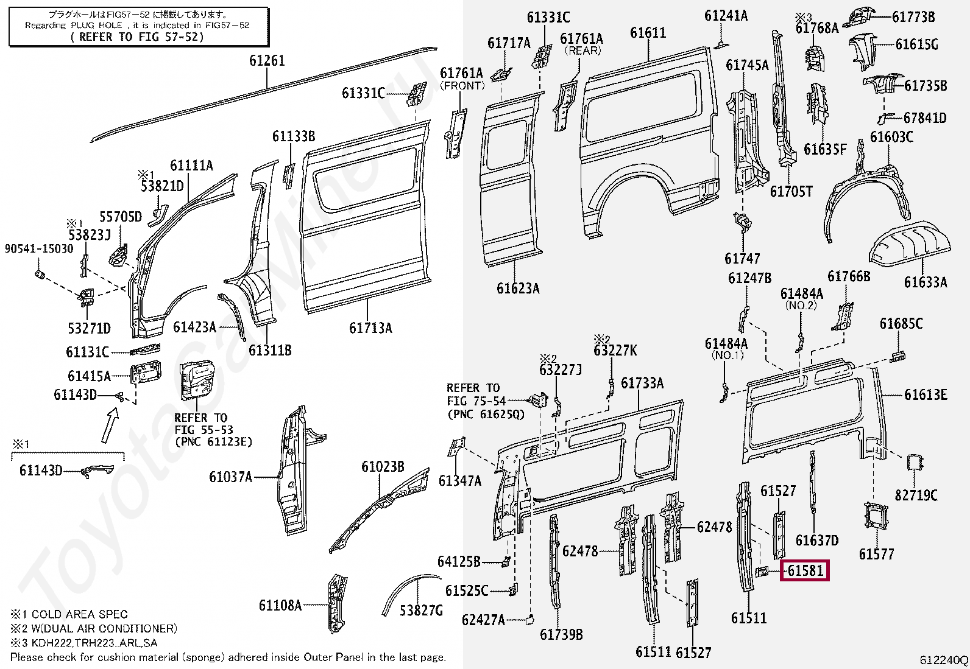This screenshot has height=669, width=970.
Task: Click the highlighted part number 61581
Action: pyautogui.click(x=805, y=571)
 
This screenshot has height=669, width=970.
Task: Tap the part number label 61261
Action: pyautogui.click(x=267, y=61)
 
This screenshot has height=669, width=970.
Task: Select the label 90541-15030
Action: pyautogui.click(x=39, y=248)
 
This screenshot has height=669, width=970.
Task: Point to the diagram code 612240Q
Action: pyautogui.click(x=943, y=660)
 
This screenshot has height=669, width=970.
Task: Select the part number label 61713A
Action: pyautogui.click(x=370, y=328)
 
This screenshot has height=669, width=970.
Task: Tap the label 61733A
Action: pyautogui.click(x=642, y=383)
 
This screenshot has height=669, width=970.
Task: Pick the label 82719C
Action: pyautogui.click(x=916, y=496)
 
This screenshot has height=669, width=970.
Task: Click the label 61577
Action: pyautogui.click(x=876, y=554)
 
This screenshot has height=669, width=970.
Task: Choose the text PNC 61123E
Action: pyautogui.click(x=213, y=442)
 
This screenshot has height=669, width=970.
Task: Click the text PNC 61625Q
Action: pyautogui.click(x=485, y=415)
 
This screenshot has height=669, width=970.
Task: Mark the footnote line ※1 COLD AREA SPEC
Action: pyautogui.click(x=69, y=614)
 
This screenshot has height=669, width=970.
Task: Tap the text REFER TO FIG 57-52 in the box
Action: pyautogui.click(x=138, y=37)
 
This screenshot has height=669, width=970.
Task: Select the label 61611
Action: pyautogui.click(x=648, y=33)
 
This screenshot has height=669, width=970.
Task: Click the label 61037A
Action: pyautogui.click(x=230, y=477)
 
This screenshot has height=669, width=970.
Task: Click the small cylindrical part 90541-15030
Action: pyautogui.click(x=41, y=276)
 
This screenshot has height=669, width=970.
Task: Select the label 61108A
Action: pyautogui.click(x=280, y=605)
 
